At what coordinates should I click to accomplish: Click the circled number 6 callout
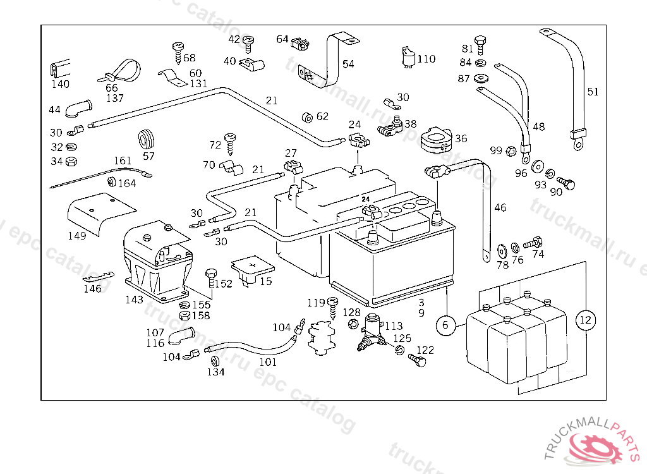(445, 325)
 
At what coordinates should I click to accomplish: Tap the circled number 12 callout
(586, 320)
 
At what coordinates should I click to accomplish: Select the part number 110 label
(426, 59)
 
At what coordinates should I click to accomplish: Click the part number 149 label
(78, 236)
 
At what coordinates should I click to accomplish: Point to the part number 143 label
(134, 300)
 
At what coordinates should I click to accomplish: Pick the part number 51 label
(592, 92)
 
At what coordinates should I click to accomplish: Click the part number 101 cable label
(268, 363)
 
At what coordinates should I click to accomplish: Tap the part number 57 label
(148, 155)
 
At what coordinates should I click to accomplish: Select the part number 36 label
(461, 139)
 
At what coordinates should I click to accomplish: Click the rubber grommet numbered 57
(148, 138)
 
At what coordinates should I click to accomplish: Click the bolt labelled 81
(481, 43)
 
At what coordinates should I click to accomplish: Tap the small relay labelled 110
(408, 58)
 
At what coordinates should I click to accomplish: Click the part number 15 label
(266, 281)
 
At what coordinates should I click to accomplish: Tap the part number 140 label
(61, 84)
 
